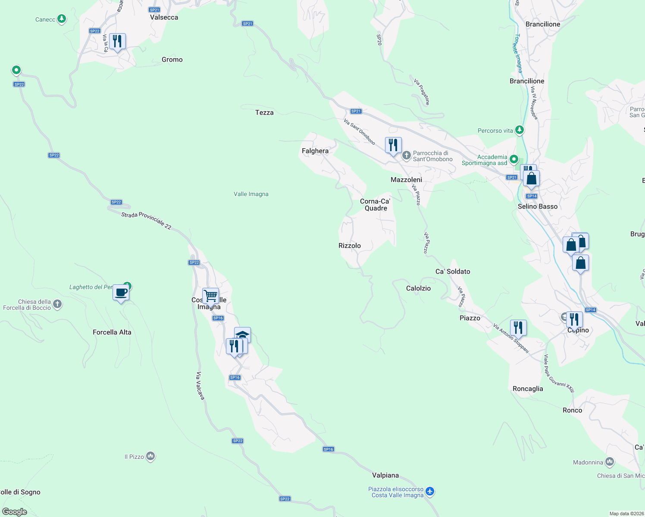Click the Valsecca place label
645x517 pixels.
164,17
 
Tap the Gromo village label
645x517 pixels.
172,59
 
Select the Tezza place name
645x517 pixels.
264,112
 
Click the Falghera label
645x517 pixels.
315,151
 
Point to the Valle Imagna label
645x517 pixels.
251,194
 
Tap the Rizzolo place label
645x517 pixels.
350,246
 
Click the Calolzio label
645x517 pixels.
418,288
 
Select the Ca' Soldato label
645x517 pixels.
453,271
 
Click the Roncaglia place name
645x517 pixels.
528,389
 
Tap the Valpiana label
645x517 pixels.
385,475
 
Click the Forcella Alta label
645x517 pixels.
112,332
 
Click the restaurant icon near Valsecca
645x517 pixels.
117,41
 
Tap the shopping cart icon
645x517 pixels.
210,296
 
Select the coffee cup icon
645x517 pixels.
121,293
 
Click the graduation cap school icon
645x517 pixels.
242,335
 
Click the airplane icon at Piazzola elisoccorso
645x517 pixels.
430,491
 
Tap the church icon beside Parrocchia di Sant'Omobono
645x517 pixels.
406,155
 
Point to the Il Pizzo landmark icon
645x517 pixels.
150,456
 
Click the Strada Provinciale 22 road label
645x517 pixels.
146,221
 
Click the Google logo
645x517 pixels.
15,512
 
